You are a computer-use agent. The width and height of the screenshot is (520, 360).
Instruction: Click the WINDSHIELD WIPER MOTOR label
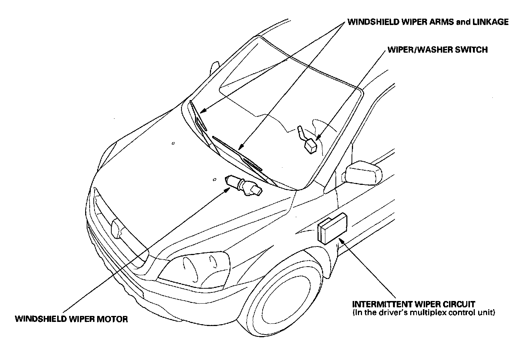click(x=71, y=319)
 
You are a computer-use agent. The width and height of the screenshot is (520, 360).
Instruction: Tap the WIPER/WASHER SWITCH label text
click(x=437, y=50)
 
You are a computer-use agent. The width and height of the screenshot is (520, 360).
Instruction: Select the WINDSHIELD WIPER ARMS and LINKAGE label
click(x=428, y=22)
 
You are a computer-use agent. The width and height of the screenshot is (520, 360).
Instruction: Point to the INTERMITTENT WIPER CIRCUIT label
click(x=414, y=304)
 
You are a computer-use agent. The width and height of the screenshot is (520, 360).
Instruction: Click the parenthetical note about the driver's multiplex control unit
click(x=424, y=312)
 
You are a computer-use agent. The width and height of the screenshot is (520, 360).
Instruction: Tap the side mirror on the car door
click(x=363, y=173)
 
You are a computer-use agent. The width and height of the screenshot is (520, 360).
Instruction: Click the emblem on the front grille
click(x=118, y=228)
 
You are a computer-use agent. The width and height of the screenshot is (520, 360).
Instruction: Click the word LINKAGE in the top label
click(x=490, y=22)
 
